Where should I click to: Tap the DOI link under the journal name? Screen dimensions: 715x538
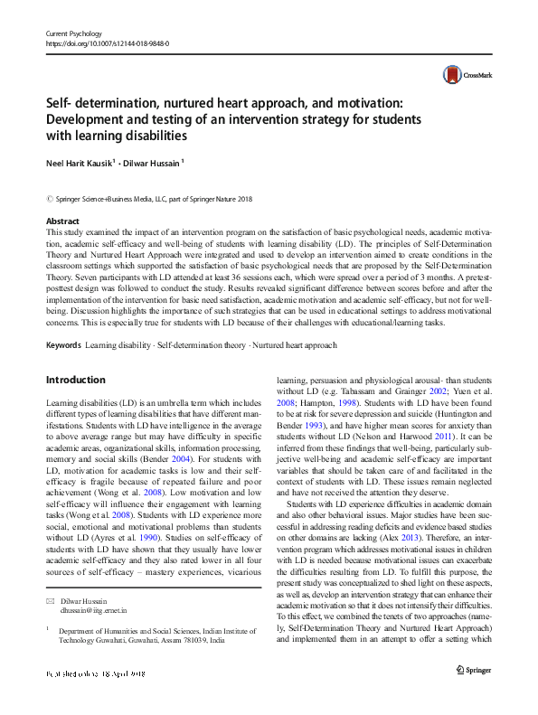(107, 43)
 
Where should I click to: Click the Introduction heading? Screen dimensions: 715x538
(75, 380)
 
